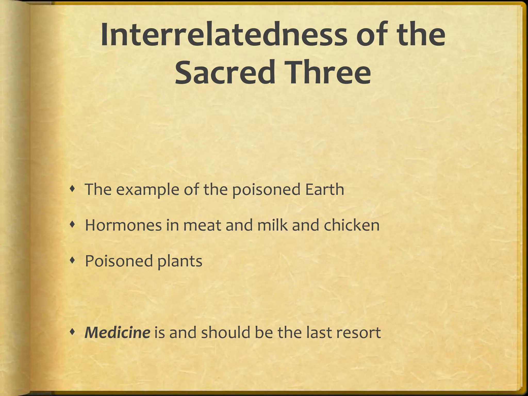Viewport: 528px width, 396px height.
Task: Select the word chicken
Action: (351, 225)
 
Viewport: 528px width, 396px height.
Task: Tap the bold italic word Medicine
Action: (117, 333)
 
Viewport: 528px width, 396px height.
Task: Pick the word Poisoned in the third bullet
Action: (119, 261)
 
